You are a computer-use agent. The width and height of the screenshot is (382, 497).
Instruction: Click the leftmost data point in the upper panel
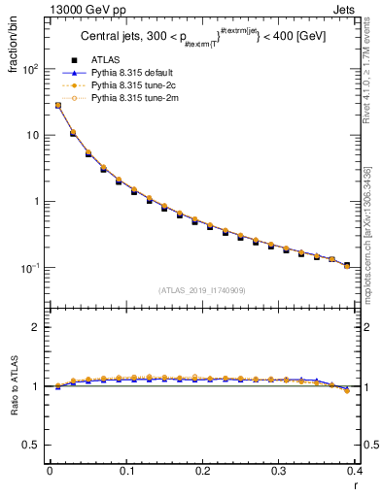click(57, 105)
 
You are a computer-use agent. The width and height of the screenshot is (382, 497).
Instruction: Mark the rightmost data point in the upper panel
click(347, 265)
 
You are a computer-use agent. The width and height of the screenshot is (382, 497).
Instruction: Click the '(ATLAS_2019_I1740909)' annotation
click(202, 290)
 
